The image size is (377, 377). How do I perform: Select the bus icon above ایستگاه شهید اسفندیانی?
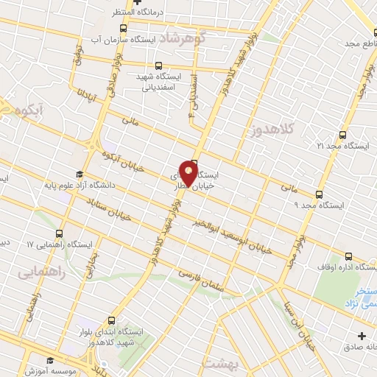(160, 65)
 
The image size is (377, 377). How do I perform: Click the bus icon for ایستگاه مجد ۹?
(318, 195)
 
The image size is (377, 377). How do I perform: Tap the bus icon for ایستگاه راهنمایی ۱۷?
(68, 233)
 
